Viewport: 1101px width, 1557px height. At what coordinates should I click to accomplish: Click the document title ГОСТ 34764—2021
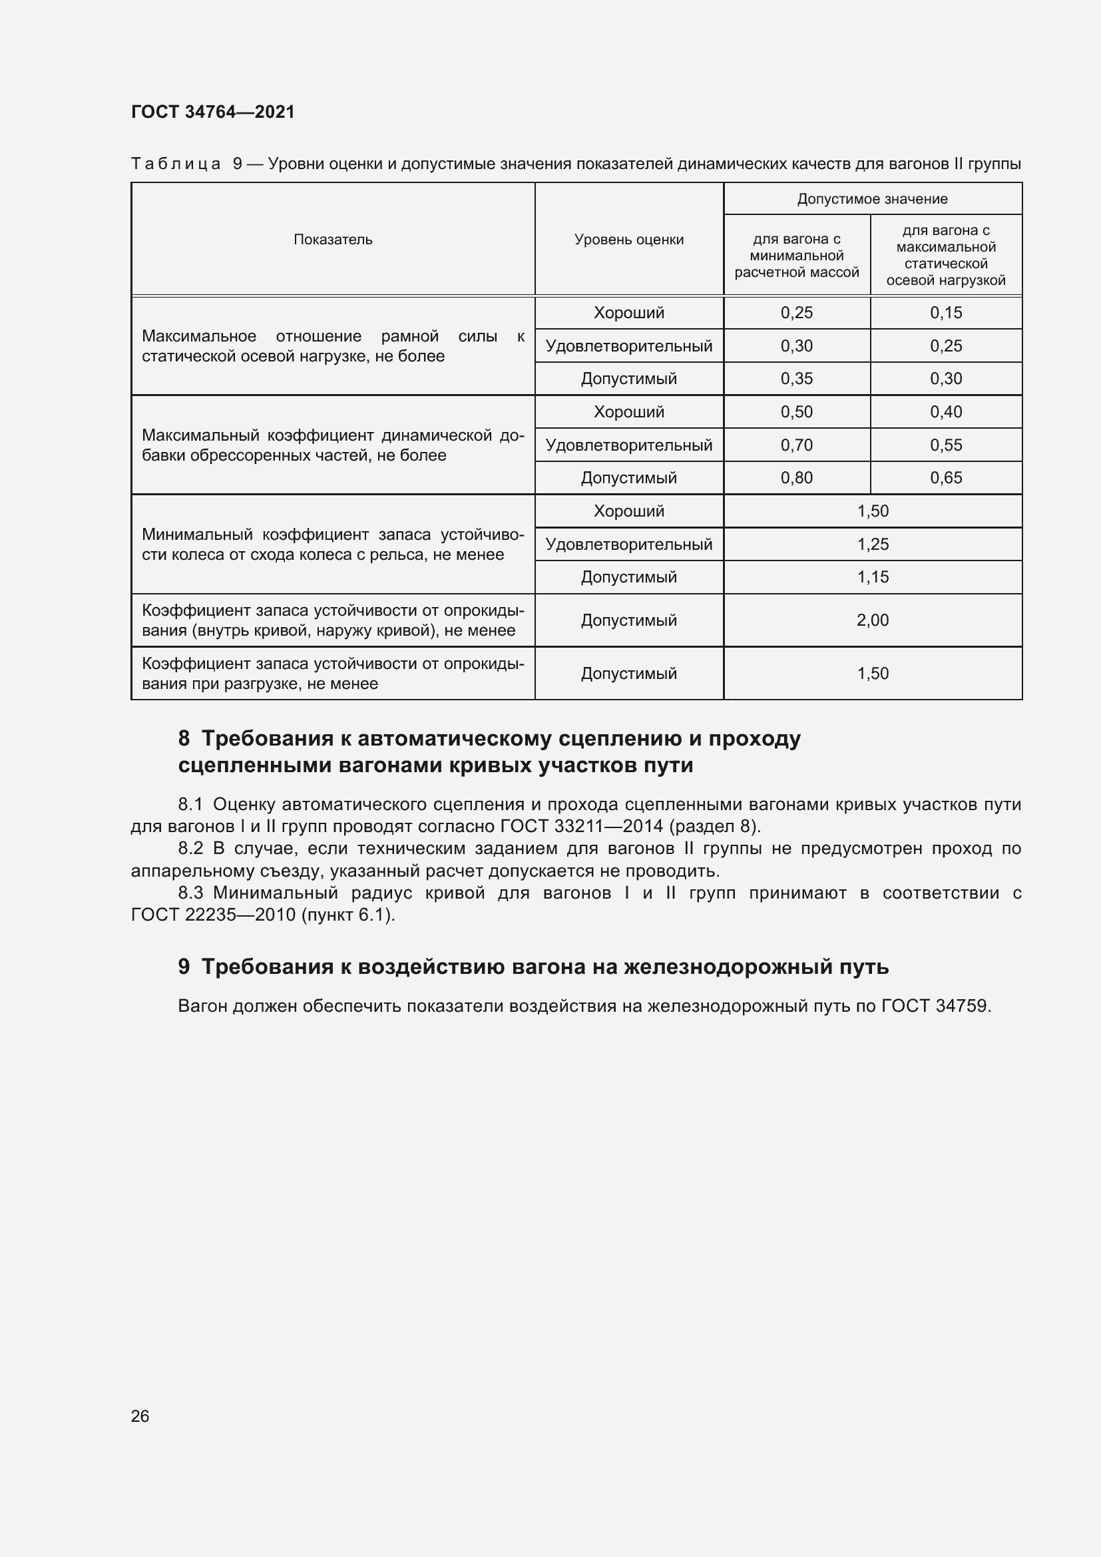213,112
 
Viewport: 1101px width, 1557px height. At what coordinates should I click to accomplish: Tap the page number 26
140,1416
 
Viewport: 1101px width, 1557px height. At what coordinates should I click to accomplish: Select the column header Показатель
333,240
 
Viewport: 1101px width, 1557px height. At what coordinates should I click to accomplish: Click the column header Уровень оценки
628,240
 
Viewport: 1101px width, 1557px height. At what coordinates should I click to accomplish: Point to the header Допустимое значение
872,198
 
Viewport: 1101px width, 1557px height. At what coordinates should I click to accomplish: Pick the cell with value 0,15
946,313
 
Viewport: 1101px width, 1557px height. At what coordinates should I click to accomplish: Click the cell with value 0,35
797,378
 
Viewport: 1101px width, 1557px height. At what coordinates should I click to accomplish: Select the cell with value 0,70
797,445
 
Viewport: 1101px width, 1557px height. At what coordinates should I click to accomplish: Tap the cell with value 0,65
946,477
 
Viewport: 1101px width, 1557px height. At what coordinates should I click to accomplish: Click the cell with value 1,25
873,544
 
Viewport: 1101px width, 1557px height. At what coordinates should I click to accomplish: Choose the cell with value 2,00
873,620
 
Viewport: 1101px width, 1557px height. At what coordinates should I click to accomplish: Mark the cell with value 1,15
873,577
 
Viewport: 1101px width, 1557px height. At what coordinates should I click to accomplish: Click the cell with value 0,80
797,477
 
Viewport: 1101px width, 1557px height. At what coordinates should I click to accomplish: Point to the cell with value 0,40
946,411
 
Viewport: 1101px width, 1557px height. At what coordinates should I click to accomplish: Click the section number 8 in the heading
184,738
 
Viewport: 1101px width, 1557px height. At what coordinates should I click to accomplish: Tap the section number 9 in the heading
184,967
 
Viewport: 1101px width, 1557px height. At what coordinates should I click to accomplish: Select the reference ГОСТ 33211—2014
581,826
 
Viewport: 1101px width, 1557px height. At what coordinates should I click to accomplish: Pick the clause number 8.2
190,848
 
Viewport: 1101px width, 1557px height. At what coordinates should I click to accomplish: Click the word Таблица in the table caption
176,164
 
